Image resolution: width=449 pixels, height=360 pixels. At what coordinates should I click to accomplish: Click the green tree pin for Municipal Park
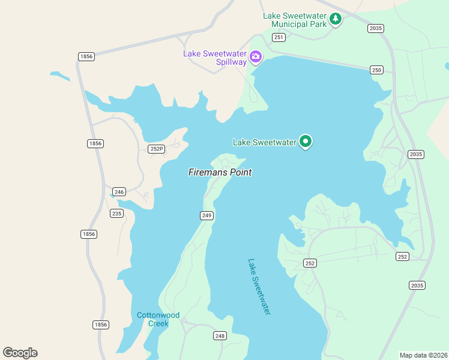point(336,19)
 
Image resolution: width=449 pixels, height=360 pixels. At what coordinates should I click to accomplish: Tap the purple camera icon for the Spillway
point(256,57)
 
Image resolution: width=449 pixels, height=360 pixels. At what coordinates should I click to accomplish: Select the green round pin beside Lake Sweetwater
point(306,142)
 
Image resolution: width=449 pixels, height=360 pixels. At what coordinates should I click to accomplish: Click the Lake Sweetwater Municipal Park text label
point(294,19)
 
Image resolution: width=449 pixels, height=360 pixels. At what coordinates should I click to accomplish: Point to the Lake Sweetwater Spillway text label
point(215,58)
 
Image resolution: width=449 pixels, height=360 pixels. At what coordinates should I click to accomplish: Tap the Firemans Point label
point(220,172)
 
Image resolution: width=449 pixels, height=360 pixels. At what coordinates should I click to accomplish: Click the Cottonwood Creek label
point(158,319)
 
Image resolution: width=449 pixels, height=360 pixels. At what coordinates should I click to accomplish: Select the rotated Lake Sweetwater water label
point(259,287)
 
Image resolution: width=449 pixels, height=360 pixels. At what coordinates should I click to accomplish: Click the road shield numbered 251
point(278,37)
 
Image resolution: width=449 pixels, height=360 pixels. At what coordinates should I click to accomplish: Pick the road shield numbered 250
point(376,70)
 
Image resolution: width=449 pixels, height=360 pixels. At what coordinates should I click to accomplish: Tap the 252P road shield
point(156,149)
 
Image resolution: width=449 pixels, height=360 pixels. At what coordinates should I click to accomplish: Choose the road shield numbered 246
point(119,192)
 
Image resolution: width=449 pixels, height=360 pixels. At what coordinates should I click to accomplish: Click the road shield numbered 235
point(116,214)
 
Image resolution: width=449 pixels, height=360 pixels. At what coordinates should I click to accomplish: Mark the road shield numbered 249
point(206,215)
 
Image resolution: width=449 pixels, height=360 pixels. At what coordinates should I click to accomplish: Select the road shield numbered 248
point(220,336)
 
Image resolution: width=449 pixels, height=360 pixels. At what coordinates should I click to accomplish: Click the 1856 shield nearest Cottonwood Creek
point(101,325)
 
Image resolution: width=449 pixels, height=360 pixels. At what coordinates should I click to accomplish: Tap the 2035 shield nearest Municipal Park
point(376,28)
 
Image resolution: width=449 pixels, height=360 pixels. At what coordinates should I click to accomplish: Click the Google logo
point(20,353)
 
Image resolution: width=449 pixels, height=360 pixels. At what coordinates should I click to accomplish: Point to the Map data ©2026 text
point(424,355)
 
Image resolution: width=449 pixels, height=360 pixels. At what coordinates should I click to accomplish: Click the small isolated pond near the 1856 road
point(59,76)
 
